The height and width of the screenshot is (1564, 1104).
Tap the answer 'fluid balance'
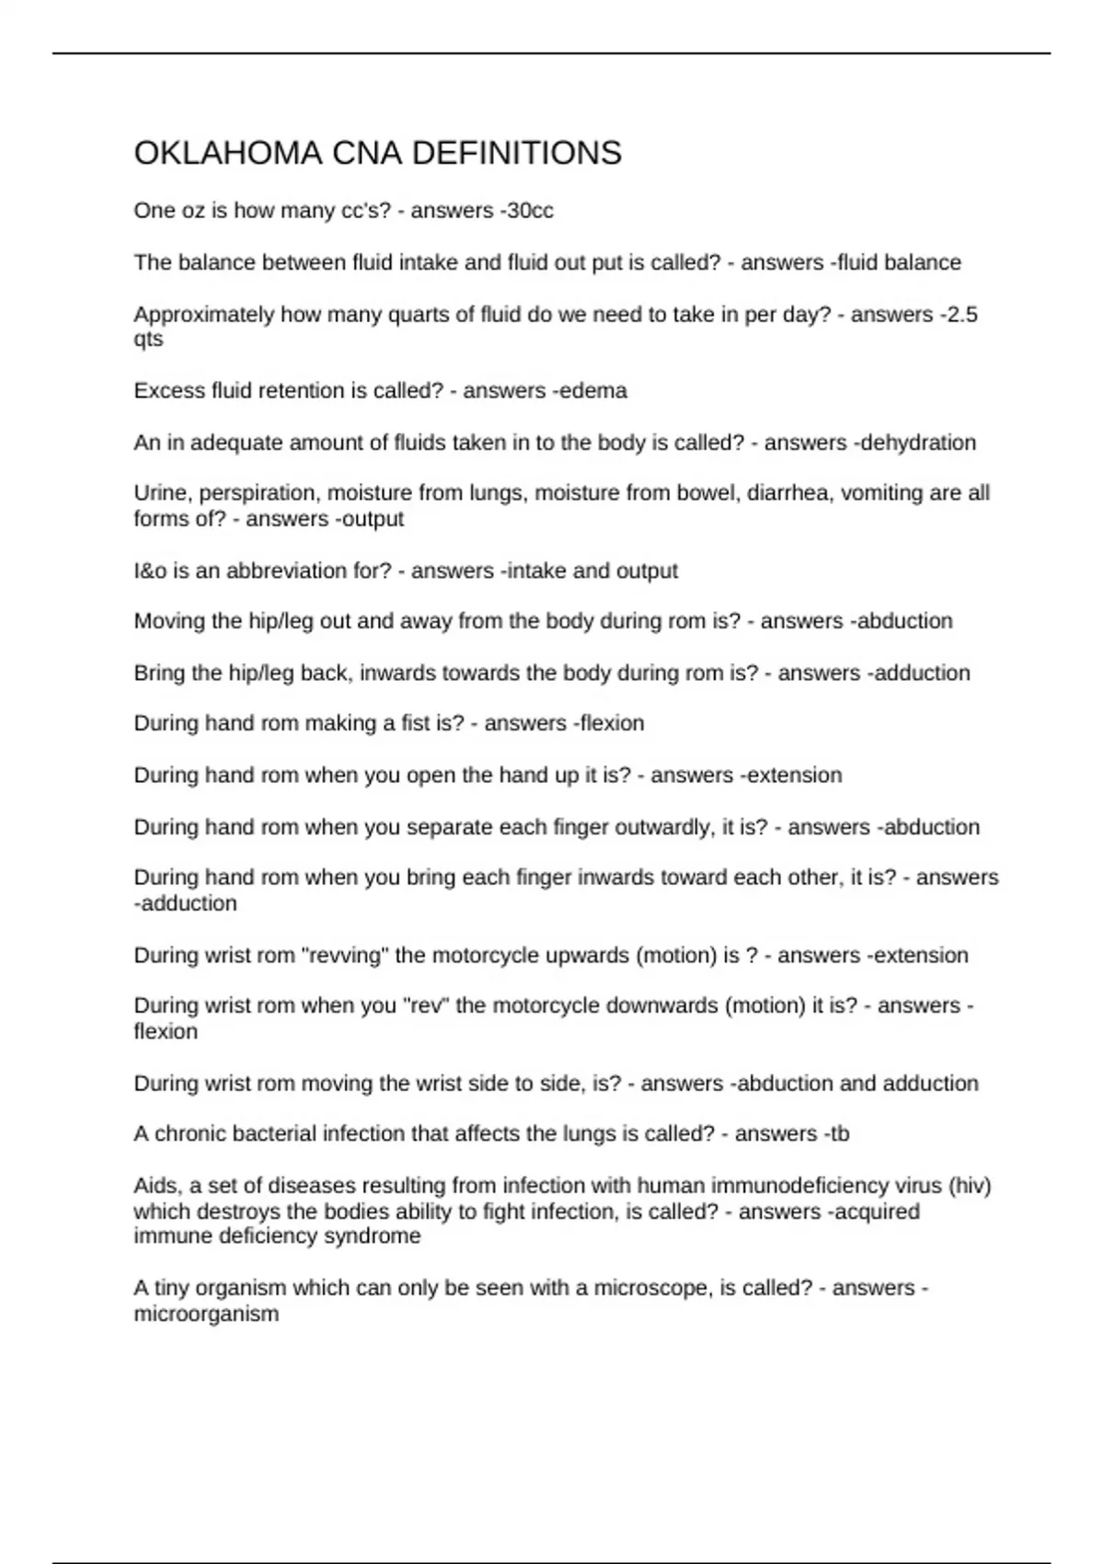pyautogui.click(x=899, y=262)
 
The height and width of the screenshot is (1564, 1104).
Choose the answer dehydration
pyautogui.click(x=919, y=443)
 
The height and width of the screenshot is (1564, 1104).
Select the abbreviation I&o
pyautogui.click(x=150, y=570)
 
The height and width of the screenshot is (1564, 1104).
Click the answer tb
pyautogui.click(x=838, y=1133)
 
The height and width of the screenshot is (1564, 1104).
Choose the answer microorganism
pyautogui.click(x=206, y=1314)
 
